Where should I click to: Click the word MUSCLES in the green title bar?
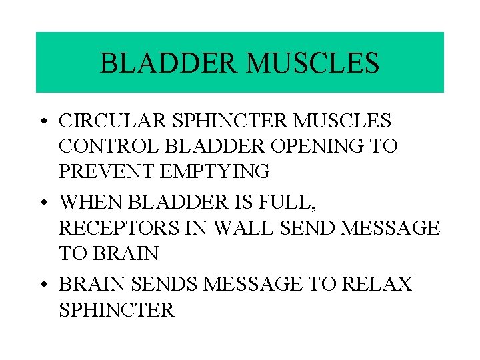[x=312, y=63]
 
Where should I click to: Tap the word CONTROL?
[x=103, y=146]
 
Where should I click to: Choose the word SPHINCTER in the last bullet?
[x=117, y=310]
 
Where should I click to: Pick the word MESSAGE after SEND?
[x=390, y=228]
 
